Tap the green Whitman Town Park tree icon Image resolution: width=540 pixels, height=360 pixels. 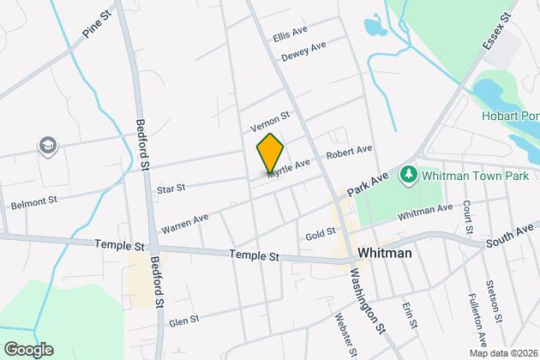pos(409,175)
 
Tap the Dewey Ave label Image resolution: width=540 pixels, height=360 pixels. pos(303,51)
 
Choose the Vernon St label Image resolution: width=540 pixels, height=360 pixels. pos(271,121)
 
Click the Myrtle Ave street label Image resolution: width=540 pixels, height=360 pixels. pos(288,168)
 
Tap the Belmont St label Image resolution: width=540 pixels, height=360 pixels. pos(34,204)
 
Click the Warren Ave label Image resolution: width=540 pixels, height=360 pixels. pos(184,225)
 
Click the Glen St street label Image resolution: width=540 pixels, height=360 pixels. pos(184,321)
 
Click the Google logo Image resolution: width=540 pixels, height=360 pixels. pos(27,349)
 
